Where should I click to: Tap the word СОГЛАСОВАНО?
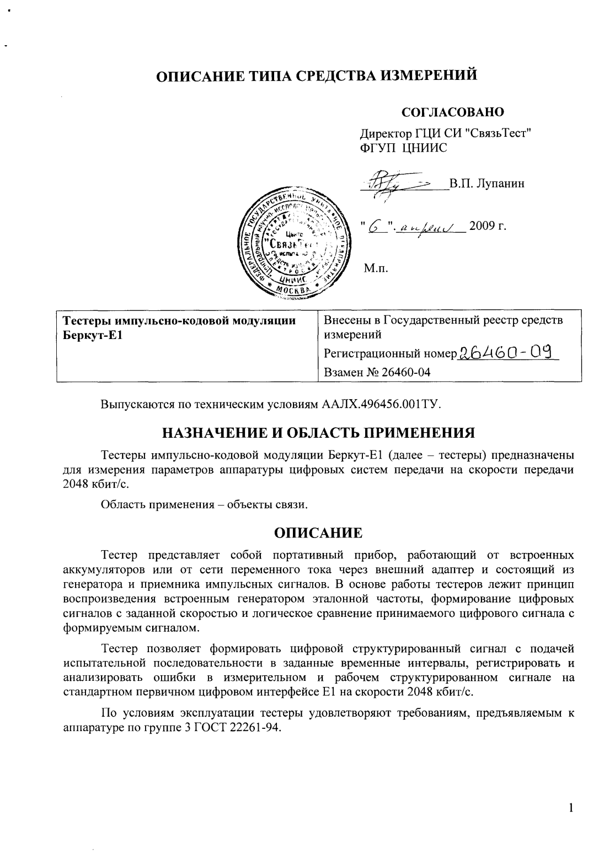pos(453,112)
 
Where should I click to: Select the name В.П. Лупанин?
pos(486,184)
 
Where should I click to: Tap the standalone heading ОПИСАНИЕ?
pos(318,533)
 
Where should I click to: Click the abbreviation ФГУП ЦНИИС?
pos(403,147)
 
